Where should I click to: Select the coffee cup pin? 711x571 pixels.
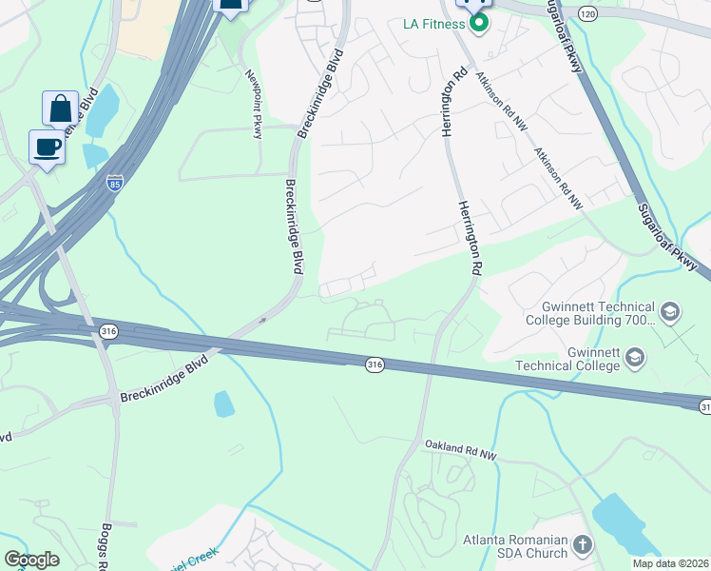click(47, 147)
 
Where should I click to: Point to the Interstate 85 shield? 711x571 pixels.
click(115, 181)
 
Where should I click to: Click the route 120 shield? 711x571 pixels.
click(587, 13)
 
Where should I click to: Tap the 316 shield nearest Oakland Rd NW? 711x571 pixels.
click(375, 364)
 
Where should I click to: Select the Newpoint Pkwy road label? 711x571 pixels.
click(254, 105)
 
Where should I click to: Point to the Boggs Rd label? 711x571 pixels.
click(107, 545)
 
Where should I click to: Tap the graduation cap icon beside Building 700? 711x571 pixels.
click(669, 312)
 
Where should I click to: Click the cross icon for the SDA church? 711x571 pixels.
click(582, 546)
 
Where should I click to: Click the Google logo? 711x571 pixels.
click(31, 560)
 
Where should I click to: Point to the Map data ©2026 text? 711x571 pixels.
click(671, 563)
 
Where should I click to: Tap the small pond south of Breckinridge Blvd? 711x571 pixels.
click(224, 404)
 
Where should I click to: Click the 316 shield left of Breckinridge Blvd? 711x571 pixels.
click(110, 330)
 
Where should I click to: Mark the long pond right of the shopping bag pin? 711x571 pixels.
click(102, 110)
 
